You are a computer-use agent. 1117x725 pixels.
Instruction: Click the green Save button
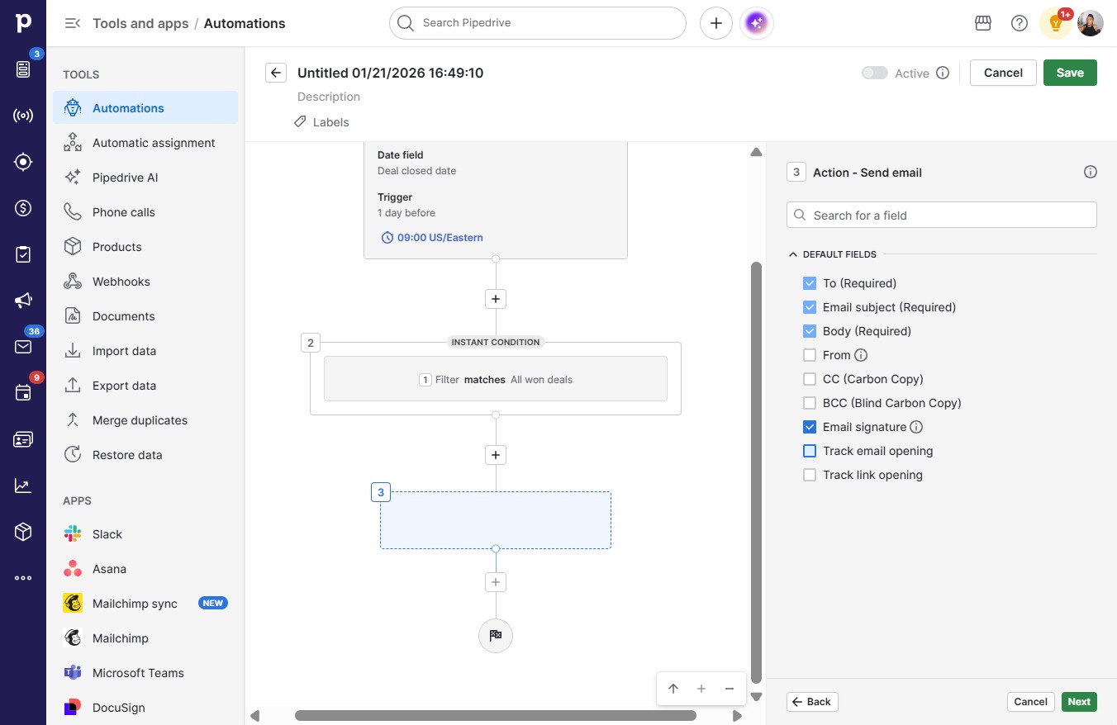(x=1070, y=73)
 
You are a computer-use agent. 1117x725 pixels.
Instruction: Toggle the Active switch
(x=875, y=73)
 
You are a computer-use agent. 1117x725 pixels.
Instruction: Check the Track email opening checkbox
(x=810, y=451)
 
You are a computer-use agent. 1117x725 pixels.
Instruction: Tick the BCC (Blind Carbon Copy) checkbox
(x=810, y=403)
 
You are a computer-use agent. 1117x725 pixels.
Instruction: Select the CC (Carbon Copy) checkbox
(x=810, y=379)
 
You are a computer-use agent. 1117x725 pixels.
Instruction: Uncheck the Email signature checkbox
(x=810, y=427)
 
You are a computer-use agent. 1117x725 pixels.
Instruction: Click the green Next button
(x=1079, y=702)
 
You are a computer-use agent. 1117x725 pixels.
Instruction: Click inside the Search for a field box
(x=942, y=216)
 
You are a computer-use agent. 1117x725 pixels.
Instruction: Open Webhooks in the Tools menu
(x=121, y=282)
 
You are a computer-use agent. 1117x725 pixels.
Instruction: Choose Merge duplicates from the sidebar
(x=140, y=420)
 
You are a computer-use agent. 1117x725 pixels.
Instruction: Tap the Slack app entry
(x=107, y=534)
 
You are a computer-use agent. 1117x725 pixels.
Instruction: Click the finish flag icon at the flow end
(x=495, y=635)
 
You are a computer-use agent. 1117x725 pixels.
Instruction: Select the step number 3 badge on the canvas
(x=381, y=492)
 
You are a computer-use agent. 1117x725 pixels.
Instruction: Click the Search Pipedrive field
(x=538, y=23)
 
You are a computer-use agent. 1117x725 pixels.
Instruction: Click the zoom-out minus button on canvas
(x=729, y=689)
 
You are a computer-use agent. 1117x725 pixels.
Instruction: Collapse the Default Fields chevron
(x=793, y=254)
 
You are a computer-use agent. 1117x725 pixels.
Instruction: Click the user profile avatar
(x=1090, y=23)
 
